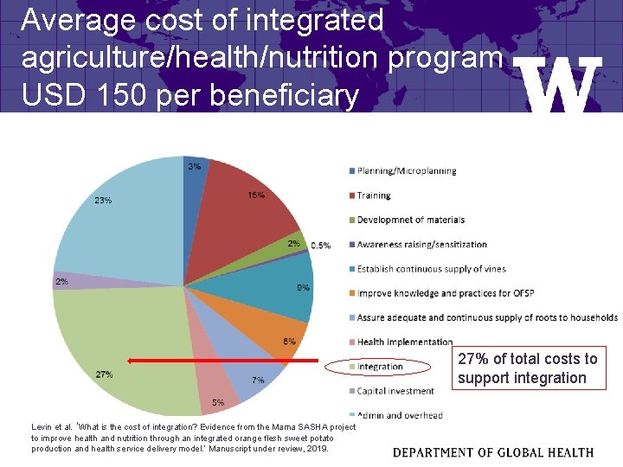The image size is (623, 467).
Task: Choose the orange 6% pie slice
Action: pyautogui.click(x=277, y=333)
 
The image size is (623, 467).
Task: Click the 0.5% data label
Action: pyautogui.click(x=320, y=246)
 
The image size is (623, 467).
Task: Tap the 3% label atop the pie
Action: pyautogui.click(x=195, y=166)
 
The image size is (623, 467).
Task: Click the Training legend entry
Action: pyautogui.click(x=374, y=195)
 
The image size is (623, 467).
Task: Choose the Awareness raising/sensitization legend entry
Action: pyautogui.click(x=421, y=245)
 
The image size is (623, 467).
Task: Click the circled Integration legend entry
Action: pyautogui.click(x=379, y=367)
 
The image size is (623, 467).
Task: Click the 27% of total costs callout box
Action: pyautogui.click(x=528, y=368)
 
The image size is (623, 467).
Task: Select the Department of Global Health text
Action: pyautogui.click(x=493, y=452)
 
